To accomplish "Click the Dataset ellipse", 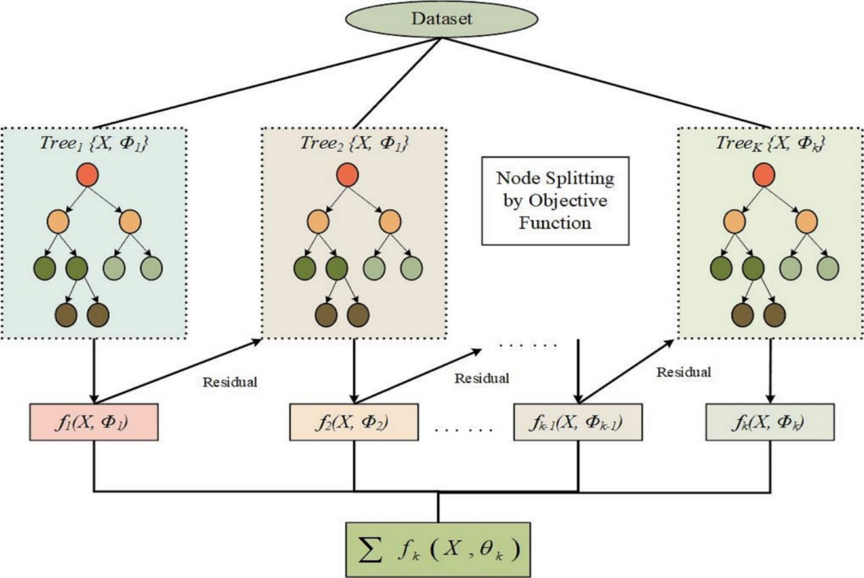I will click(441, 19).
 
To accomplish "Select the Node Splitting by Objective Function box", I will click(555, 201).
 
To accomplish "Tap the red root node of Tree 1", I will click(87, 175).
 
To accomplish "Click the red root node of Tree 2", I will click(347, 175).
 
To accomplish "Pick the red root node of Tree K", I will click(763, 175).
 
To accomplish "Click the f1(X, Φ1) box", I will click(94, 422).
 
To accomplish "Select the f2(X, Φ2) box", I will click(354, 422).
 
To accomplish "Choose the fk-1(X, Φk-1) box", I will click(577, 422).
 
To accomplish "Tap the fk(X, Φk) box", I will click(770, 422).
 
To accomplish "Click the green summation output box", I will click(438, 550).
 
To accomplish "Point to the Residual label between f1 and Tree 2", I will click(229, 382).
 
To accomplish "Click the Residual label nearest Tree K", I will click(683, 372).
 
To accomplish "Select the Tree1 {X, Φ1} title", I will click(94, 143).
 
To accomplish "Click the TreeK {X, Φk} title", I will click(770, 143).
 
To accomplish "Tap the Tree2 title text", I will click(354, 143).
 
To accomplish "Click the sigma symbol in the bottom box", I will click(371, 550).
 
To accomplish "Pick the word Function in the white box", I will click(555, 223).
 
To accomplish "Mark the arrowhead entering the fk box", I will click(770, 399).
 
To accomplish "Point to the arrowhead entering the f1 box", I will click(94, 399).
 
